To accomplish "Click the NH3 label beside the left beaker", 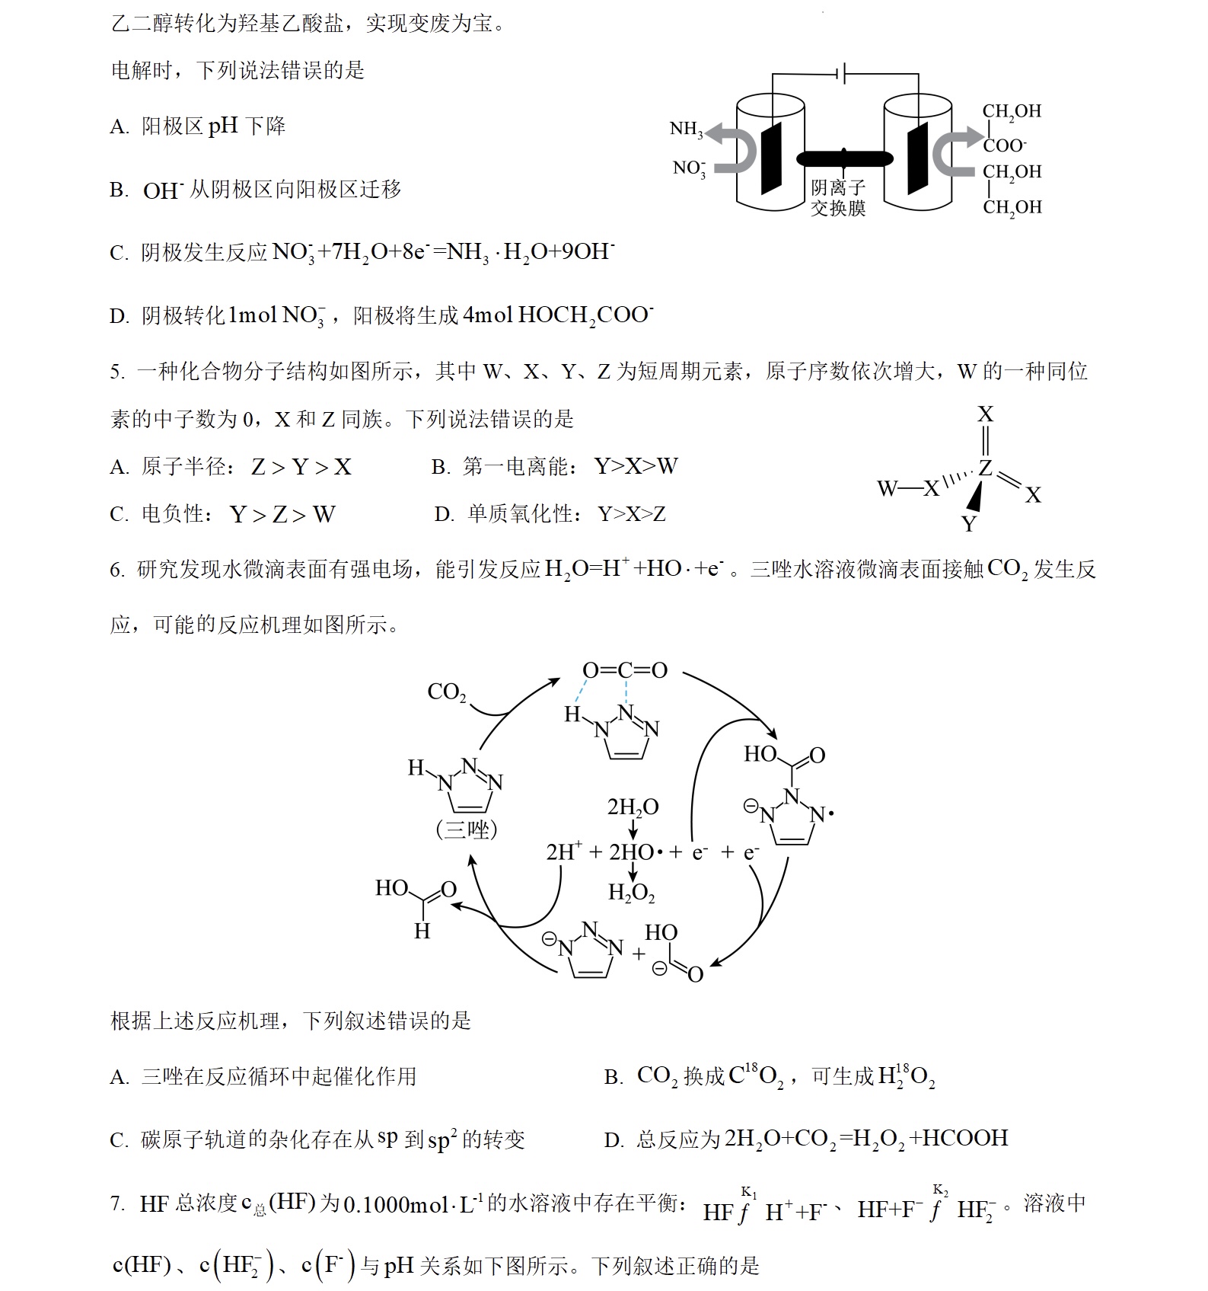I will (686, 129).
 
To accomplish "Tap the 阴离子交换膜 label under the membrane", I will (838, 198).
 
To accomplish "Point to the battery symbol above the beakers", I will (842, 74).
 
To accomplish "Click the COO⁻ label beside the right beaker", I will (1005, 145).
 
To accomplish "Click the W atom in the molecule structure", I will (888, 488).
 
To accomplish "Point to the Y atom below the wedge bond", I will (968, 524).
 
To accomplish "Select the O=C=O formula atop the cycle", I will (624, 670).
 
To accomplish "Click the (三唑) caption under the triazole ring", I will (466, 829).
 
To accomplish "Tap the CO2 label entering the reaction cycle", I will (446, 692).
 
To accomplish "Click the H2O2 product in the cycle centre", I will (631, 893).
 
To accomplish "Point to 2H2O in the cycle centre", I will (633, 807).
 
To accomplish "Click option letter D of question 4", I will (119, 316).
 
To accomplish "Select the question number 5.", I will (116, 372).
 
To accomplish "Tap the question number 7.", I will (116, 1203).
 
